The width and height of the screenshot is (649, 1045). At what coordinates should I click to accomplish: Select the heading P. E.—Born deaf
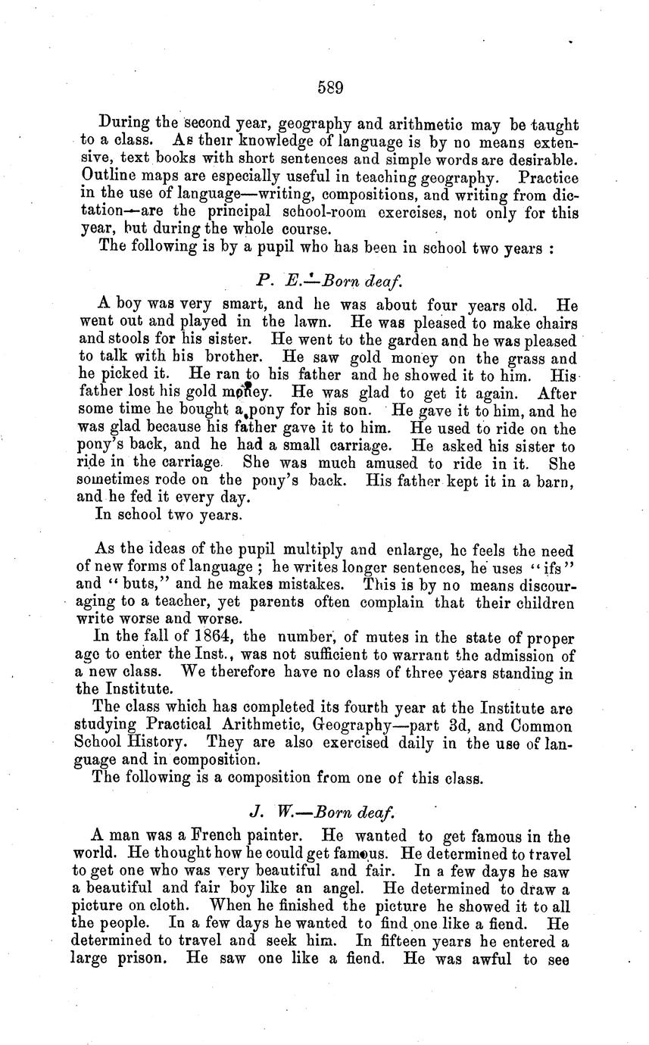(329, 281)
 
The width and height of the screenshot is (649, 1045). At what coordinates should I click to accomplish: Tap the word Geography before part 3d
(356, 725)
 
